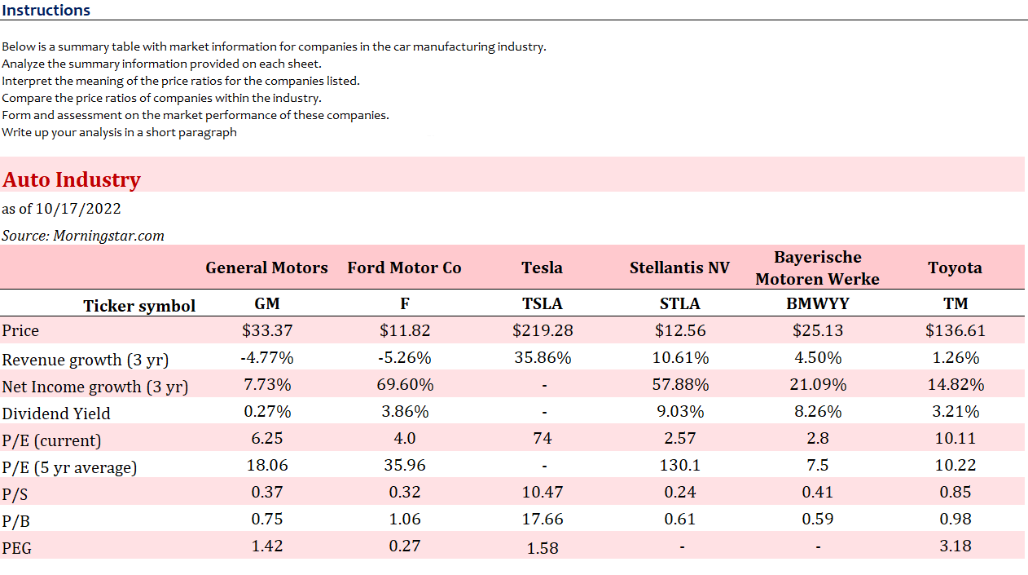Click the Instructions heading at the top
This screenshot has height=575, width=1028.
[46, 11]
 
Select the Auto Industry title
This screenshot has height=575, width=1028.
[72, 179]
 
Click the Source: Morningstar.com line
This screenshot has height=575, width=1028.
[83, 236]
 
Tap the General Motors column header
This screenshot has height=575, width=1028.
[266, 268]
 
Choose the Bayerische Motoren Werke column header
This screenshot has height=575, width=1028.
[817, 268]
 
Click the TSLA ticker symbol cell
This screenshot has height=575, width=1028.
[542, 303]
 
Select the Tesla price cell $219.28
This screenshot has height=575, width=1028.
[542, 330]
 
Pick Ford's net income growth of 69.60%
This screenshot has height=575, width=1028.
[405, 384]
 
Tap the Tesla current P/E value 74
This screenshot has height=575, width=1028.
[542, 438]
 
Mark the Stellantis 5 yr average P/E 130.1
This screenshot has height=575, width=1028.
[679, 465]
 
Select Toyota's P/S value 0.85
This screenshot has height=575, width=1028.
[955, 492]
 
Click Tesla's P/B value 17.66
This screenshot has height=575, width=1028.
[542, 519]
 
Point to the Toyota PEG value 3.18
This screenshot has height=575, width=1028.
[955, 546]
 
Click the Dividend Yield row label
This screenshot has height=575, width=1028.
[56, 413]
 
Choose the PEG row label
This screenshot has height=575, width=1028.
[17, 548]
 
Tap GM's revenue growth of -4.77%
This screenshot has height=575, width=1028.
[266, 357]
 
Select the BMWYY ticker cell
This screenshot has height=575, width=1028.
[817, 303]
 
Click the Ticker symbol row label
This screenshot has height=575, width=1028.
[139, 306]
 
